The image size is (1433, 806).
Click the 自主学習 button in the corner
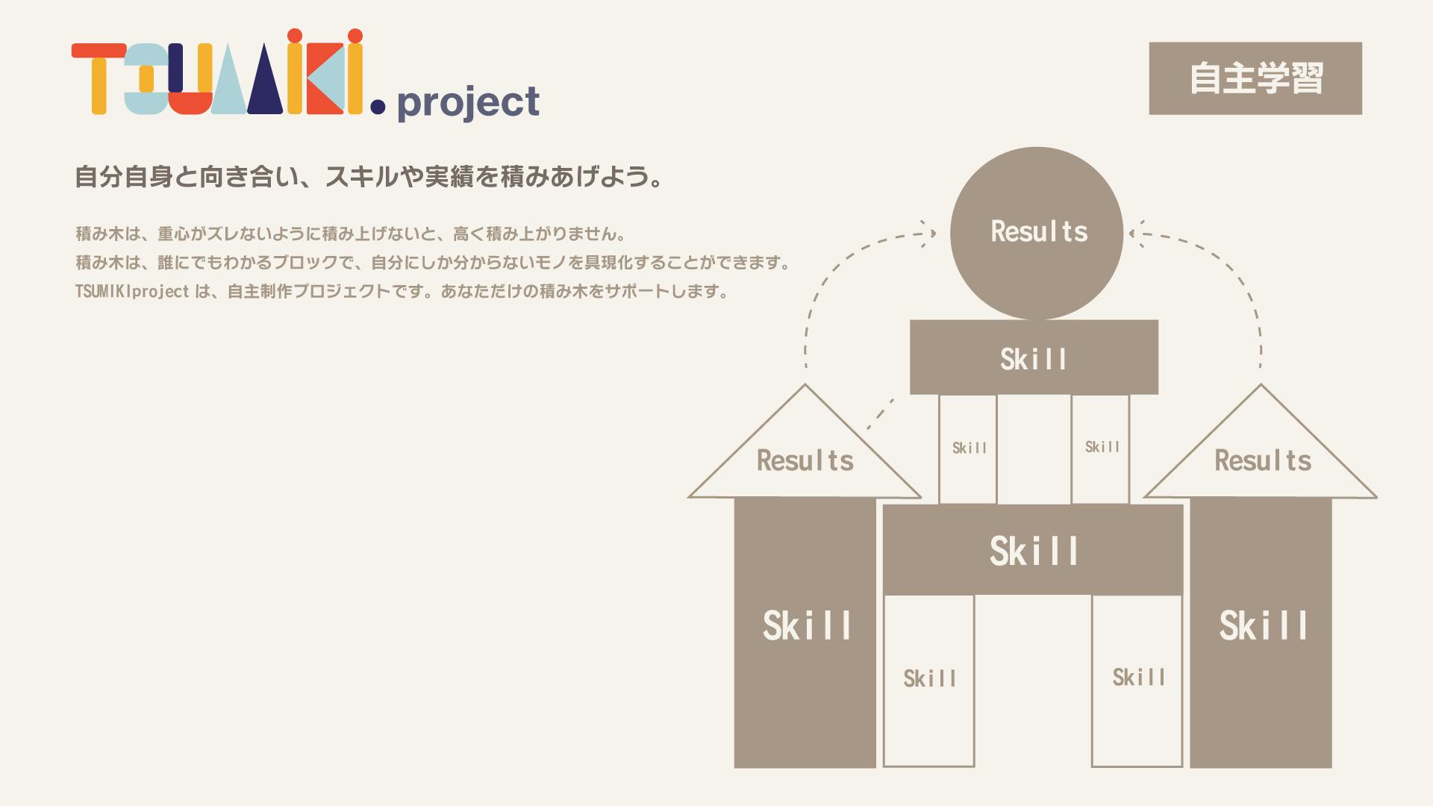point(1255,78)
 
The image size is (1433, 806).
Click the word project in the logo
point(468,103)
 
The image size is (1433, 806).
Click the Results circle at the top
point(1037,233)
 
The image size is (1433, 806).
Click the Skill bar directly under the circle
point(1034,357)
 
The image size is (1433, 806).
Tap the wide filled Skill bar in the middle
point(1034,550)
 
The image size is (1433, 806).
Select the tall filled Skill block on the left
point(805,633)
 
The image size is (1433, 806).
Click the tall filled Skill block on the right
point(1261,633)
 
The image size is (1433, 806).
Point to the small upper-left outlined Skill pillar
point(968,449)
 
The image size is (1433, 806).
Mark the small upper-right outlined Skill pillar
point(1100,449)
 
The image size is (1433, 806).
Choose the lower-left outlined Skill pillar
point(929,681)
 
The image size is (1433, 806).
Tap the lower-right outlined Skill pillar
point(1137,681)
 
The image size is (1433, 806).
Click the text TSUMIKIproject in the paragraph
point(132,291)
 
